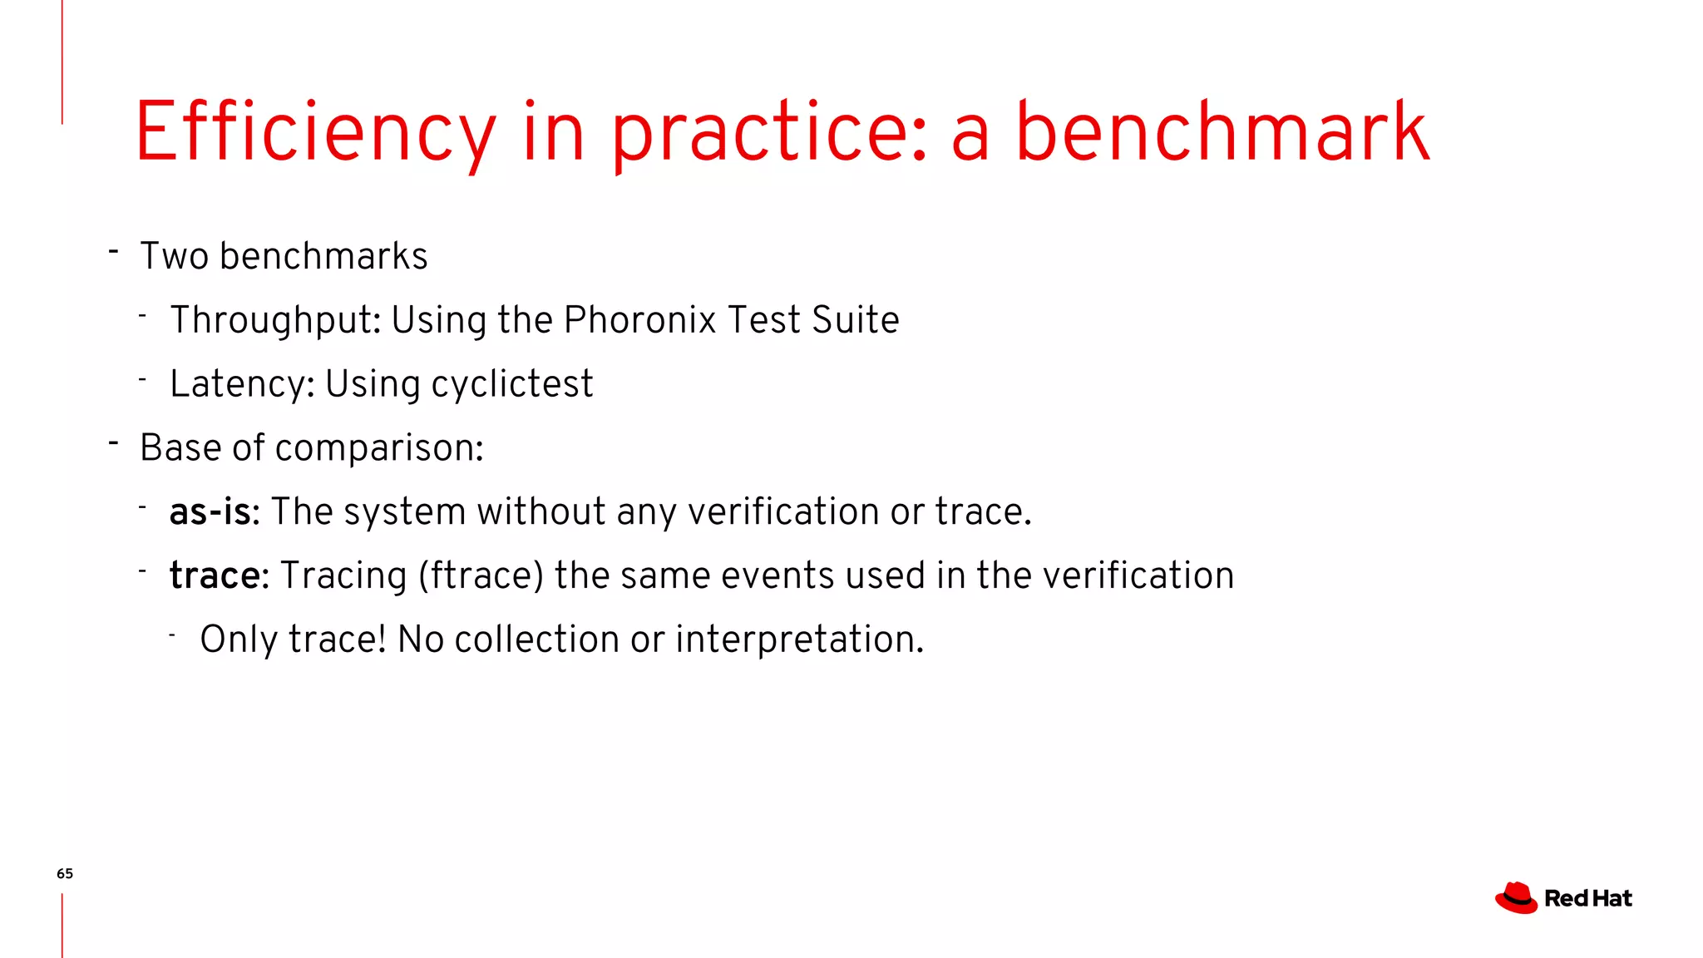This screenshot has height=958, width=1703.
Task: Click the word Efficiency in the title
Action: pos(316,133)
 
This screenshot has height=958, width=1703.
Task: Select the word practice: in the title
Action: pos(769,133)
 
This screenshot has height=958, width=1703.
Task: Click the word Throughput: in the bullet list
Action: pos(275,321)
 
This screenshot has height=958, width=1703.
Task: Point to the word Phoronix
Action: pos(639,320)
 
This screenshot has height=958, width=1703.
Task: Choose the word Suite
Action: pos(856,320)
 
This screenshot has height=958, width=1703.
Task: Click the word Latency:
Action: pos(242,384)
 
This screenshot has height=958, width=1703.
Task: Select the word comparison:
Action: pos(379,448)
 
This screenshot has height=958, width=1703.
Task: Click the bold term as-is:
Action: pos(215,511)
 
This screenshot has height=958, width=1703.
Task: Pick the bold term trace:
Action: pos(219,575)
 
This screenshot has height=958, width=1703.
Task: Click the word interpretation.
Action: pos(799,639)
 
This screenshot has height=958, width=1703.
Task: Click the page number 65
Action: pos(65,873)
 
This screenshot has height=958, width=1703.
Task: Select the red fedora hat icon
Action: pos(1516,898)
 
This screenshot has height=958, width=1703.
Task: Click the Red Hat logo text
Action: pos(1587,899)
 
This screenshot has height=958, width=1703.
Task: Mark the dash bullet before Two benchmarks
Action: pos(114,250)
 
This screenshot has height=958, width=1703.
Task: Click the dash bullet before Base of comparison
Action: pos(114,442)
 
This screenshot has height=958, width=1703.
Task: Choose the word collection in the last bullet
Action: pos(536,639)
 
